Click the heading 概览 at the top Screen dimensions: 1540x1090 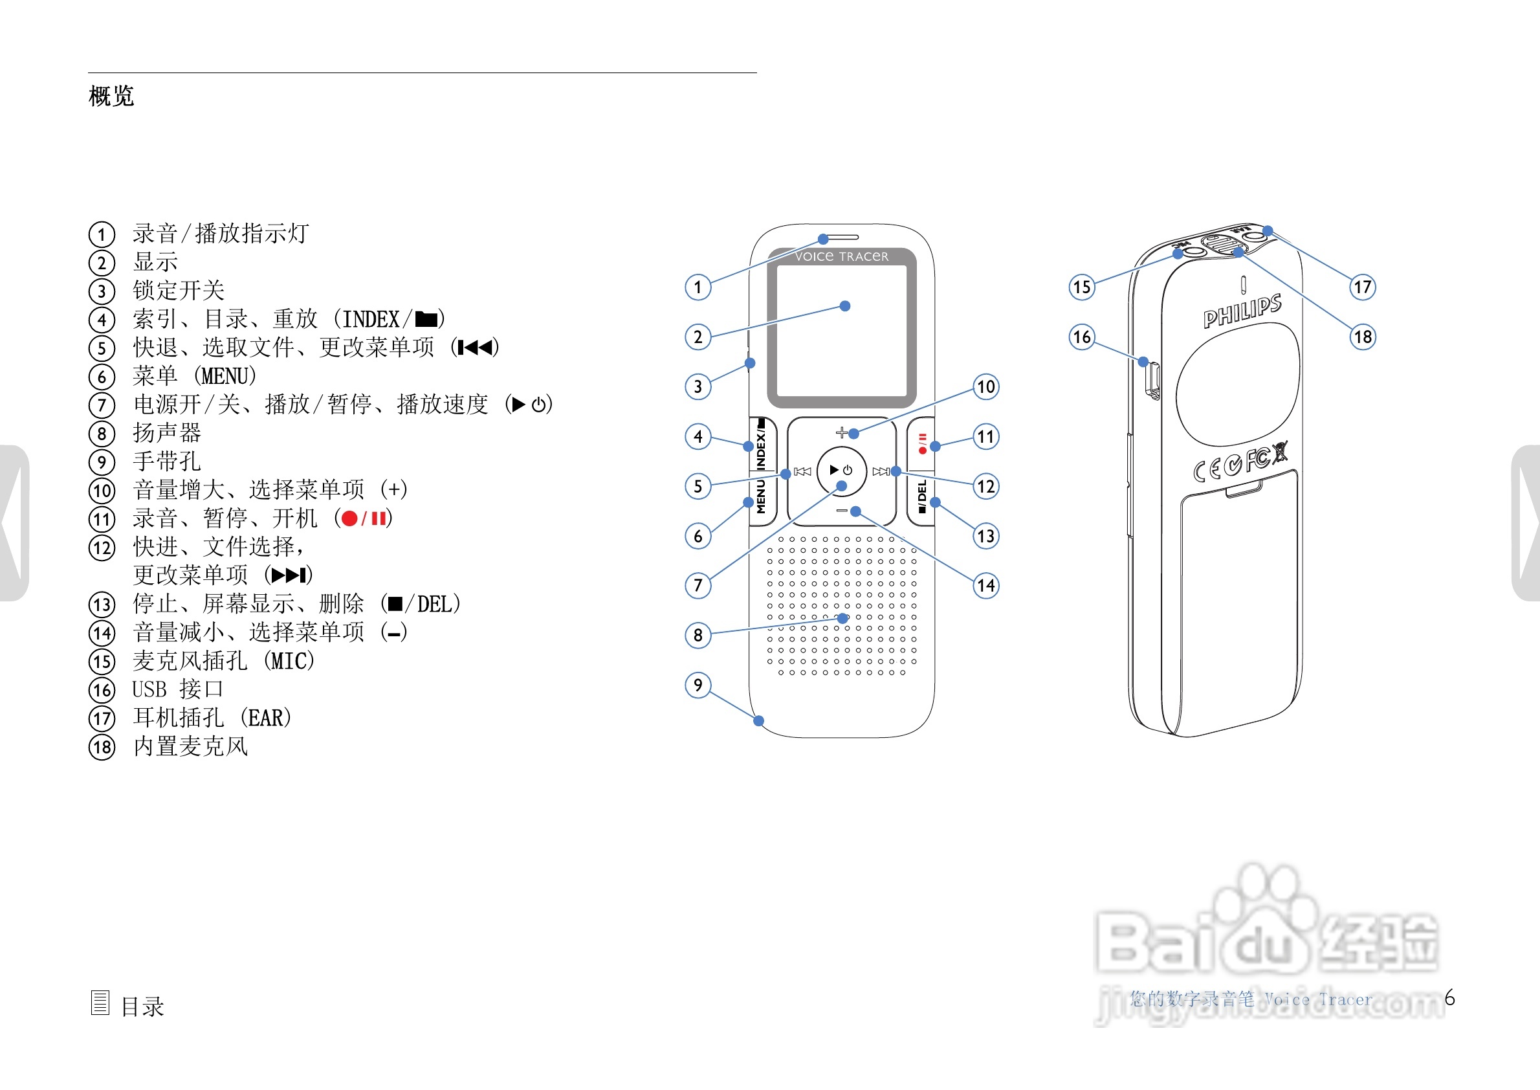[111, 96]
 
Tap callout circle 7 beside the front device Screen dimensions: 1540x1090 [698, 585]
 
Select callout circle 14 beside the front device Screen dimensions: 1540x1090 [985, 585]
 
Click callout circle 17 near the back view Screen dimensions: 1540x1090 [1362, 287]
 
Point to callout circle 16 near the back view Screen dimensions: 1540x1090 [1082, 337]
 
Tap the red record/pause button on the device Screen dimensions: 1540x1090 [922, 443]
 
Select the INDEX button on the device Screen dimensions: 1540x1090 [762, 443]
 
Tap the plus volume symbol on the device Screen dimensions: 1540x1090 [841, 432]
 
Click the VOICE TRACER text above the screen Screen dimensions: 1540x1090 [841, 256]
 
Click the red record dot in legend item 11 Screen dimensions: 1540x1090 [349, 518]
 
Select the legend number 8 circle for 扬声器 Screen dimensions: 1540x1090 [102, 434]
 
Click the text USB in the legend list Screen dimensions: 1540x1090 [149, 689]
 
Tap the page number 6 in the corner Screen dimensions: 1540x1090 [1449, 998]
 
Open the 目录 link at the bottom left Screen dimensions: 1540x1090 [142, 1005]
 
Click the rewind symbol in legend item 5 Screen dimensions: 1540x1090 [476, 347]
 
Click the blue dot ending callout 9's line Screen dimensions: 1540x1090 [758, 721]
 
